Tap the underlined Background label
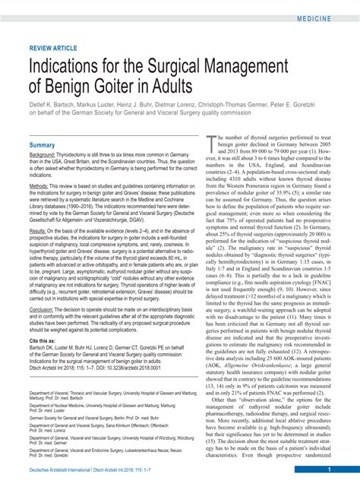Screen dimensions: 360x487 point(43,154)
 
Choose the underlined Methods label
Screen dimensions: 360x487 point(39,186)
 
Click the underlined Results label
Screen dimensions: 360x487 point(37,230)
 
